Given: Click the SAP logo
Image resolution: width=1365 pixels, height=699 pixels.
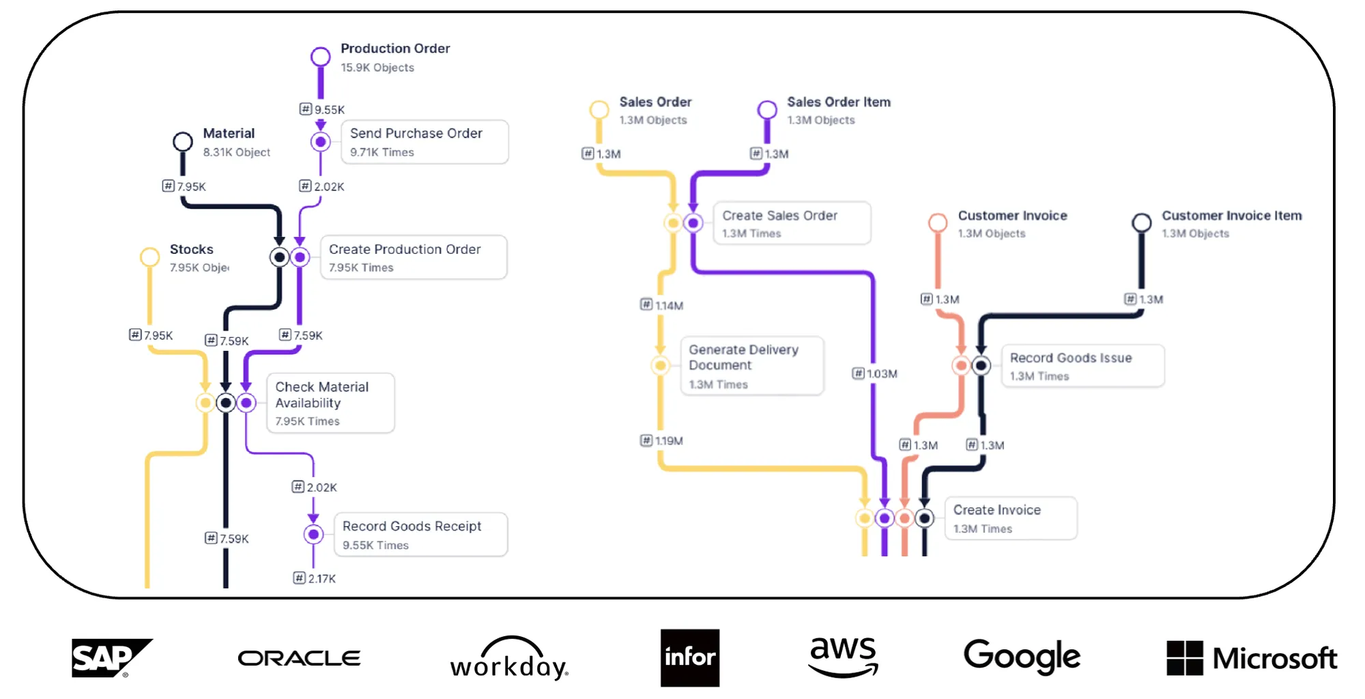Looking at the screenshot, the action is pyautogui.click(x=111, y=658).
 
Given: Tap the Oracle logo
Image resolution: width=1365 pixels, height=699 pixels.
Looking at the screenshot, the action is pyautogui.click(x=299, y=658).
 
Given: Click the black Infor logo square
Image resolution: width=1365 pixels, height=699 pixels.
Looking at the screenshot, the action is pyautogui.click(x=690, y=657).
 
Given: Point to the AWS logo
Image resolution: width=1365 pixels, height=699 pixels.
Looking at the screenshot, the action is pyautogui.click(x=843, y=656).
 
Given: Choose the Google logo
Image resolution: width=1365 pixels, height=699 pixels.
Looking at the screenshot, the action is pyautogui.click(x=1022, y=657).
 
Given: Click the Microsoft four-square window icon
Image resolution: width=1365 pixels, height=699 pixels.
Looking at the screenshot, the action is pyautogui.click(x=1185, y=658).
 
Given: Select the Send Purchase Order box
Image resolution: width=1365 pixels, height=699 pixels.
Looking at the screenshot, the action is pyautogui.click(x=425, y=142).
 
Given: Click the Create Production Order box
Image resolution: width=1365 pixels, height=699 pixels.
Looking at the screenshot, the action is pyautogui.click(x=414, y=257).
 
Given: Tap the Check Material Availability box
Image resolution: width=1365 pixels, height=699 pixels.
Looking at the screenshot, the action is pyautogui.click(x=330, y=403).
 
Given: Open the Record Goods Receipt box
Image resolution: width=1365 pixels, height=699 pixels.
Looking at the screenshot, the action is pyautogui.click(x=420, y=534).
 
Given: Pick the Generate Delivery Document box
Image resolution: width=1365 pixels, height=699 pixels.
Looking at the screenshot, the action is pyautogui.click(x=752, y=366).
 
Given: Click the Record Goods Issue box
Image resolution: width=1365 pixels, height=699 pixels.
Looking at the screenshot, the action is pyautogui.click(x=1082, y=366).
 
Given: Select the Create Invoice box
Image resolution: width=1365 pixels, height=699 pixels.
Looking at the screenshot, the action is pyautogui.click(x=1011, y=518).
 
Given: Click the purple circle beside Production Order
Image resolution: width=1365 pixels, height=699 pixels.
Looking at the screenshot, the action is pyautogui.click(x=321, y=57).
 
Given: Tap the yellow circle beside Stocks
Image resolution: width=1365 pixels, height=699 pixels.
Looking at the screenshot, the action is pyautogui.click(x=149, y=257).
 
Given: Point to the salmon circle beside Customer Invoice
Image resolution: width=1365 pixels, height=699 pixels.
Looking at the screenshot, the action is pyautogui.click(x=938, y=223).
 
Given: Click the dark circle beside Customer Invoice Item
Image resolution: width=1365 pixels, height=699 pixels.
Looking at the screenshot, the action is pyautogui.click(x=1142, y=223).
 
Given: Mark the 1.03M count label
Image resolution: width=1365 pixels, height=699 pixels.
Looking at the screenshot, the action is pyautogui.click(x=875, y=373).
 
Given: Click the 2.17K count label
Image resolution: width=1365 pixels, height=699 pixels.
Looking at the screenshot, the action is pyautogui.click(x=315, y=578).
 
